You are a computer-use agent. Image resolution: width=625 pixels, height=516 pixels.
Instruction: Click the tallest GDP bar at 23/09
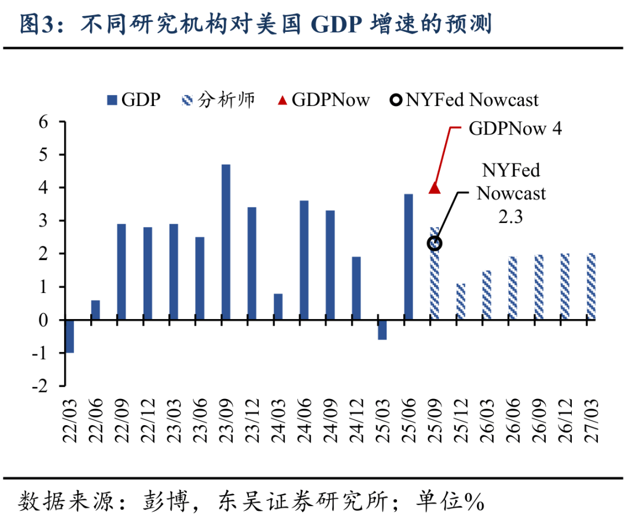coord(226,242)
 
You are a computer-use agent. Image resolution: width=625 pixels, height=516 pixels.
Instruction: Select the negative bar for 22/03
coord(69,336)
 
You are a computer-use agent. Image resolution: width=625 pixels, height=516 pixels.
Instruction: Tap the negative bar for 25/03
coord(382,330)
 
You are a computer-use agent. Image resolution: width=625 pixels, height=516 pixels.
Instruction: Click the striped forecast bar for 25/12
coord(461,301)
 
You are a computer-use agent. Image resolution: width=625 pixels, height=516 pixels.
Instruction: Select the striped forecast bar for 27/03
coord(590,286)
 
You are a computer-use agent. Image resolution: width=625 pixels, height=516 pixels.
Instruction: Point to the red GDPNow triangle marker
coord(435,188)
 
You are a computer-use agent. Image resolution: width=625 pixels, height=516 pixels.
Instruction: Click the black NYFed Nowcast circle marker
coord(435,244)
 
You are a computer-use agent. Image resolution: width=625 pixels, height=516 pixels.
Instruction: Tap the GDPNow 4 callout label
coord(514,129)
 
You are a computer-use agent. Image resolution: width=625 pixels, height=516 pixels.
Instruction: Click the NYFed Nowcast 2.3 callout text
coord(510,192)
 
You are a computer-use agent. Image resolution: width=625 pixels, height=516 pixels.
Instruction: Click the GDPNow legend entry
coord(323,100)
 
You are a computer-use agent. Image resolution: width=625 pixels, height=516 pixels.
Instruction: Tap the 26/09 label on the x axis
coord(538,420)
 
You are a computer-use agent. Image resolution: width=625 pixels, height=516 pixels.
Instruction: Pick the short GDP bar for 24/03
coord(278,306)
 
